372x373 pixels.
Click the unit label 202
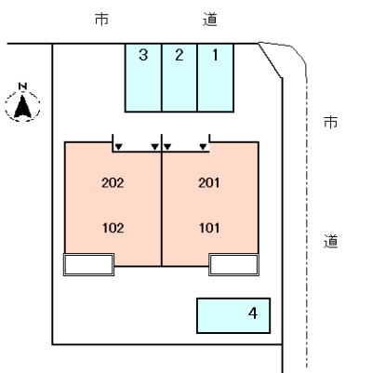coord(113,182)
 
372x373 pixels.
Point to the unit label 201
coord(210,182)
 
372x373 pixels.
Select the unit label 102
coord(113,226)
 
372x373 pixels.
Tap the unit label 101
coord(210,226)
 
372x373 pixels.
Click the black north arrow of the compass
coord(24,108)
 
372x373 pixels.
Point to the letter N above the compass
coord(24,87)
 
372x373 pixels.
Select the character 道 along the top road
coord(209,18)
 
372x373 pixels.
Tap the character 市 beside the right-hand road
coord(330,122)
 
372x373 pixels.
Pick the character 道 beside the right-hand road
coord(330,241)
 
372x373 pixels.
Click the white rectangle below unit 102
coord(88,264)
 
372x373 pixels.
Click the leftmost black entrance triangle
coord(118,146)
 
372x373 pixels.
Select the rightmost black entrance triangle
coord(203,146)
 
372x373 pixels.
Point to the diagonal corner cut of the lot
coord(270,60)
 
